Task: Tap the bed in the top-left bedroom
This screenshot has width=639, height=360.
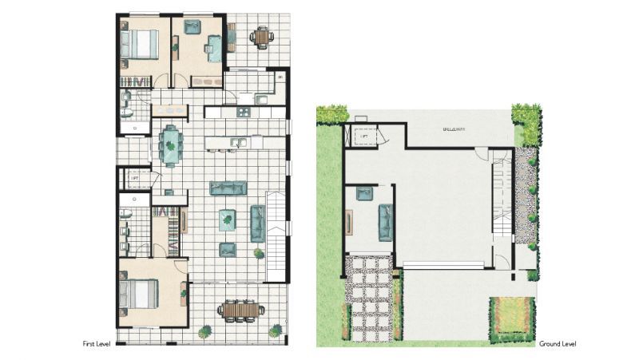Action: click(x=139, y=44)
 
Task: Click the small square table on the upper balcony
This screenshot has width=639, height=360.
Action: click(x=261, y=37)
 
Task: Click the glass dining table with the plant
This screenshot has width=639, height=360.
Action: click(x=171, y=145)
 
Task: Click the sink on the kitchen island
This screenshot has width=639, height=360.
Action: click(x=237, y=144)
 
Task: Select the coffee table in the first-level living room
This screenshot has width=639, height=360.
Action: click(x=228, y=219)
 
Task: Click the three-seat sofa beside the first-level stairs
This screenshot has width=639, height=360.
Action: click(x=258, y=223)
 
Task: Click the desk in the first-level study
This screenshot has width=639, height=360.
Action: click(x=215, y=48)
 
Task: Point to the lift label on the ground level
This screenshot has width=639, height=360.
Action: click(x=363, y=136)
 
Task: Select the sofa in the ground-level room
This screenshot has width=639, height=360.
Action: click(x=385, y=223)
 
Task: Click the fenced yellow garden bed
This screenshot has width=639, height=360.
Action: click(x=511, y=314)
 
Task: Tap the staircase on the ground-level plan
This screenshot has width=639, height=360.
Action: click(x=501, y=192)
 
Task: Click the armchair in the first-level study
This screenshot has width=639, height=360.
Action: click(x=192, y=27)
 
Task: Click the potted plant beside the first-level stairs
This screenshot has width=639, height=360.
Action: click(x=259, y=254)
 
